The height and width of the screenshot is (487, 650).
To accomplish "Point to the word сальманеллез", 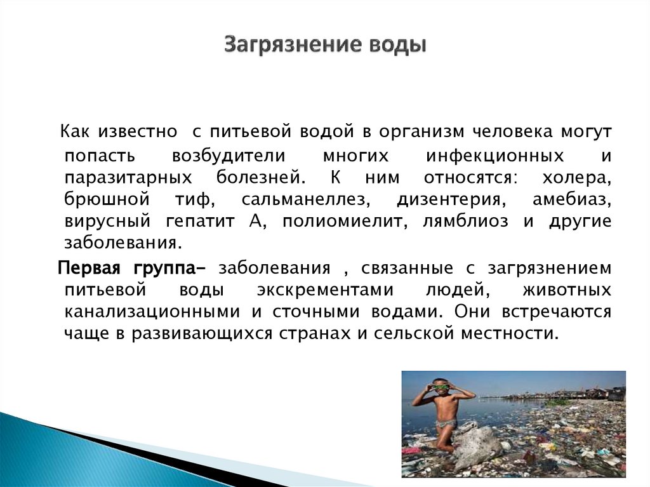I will point(305,200).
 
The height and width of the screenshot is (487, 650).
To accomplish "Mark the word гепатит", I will point(201,222).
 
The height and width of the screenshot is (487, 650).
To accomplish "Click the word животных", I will point(567,290).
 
